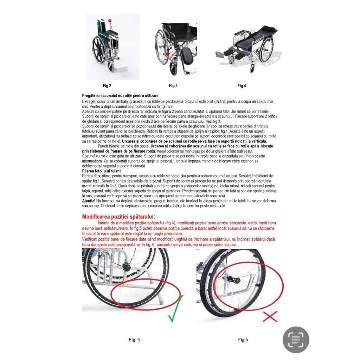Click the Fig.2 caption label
point(107,86)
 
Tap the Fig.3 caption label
point(173,86)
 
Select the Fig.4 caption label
point(242,86)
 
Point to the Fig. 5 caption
point(134,340)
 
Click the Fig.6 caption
point(243,340)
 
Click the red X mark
point(270,316)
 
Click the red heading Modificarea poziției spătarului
point(118,217)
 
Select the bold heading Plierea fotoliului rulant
point(97,171)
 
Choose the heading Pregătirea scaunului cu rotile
point(120,96)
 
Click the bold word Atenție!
point(89,201)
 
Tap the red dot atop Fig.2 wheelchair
point(110,21)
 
